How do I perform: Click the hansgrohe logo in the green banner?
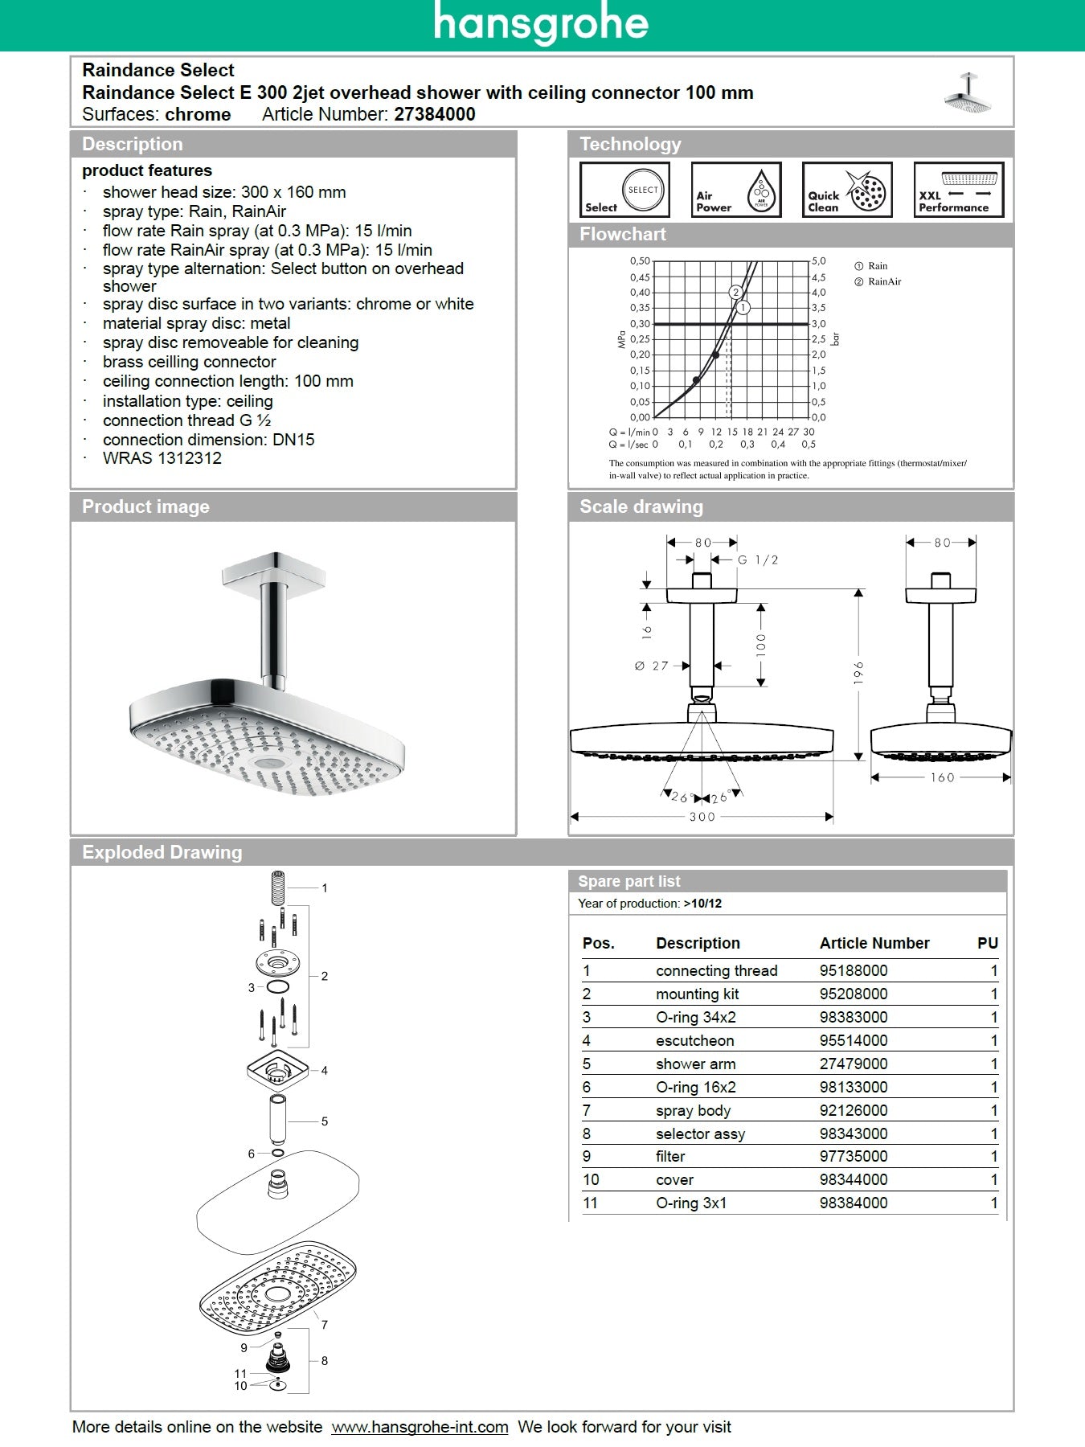(x=541, y=23)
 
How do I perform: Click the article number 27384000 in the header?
(x=434, y=114)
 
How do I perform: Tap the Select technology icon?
(x=624, y=190)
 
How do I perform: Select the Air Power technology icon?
(x=736, y=190)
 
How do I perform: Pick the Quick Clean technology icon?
(x=847, y=190)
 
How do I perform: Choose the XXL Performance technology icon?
(x=958, y=190)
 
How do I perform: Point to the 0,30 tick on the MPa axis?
(x=640, y=323)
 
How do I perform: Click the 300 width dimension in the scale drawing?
(x=702, y=817)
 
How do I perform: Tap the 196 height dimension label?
(x=858, y=673)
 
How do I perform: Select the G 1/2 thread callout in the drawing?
(x=758, y=560)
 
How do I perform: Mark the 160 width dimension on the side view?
(x=942, y=777)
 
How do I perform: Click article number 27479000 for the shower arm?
(x=854, y=1064)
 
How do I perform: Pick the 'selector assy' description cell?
(x=700, y=1133)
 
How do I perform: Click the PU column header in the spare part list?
(x=987, y=943)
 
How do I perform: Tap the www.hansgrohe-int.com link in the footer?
(x=420, y=1427)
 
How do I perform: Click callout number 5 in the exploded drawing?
(x=324, y=1121)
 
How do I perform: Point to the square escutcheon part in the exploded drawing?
(x=277, y=1070)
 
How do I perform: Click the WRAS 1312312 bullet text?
(x=162, y=458)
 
